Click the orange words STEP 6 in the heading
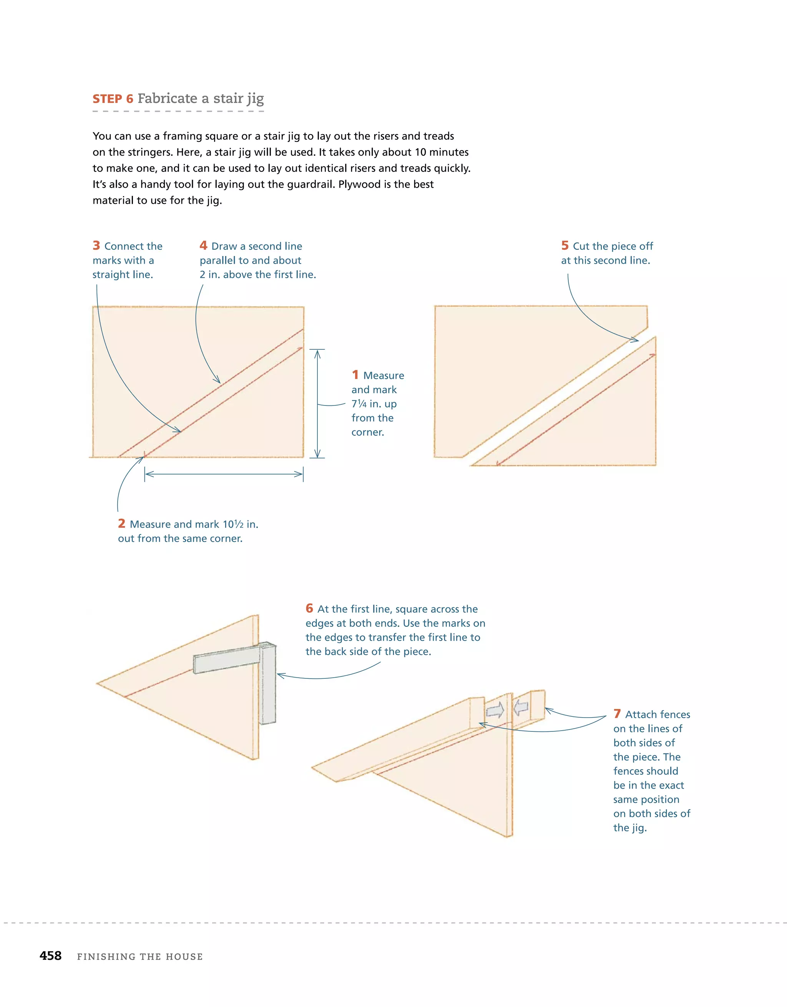pos(113,99)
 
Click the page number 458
pos(51,955)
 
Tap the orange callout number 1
pos(355,374)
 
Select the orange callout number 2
pos(122,523)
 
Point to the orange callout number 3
pos(96,245)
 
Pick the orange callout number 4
pos(203,245)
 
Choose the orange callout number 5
pos(565,245)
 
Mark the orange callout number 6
pos(309,608)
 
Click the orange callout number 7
pos(617,714)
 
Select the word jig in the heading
pos(254,99)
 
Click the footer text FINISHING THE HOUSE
pos(140,956)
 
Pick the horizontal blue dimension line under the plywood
pos(224,474)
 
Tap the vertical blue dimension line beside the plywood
pos(317,404)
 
